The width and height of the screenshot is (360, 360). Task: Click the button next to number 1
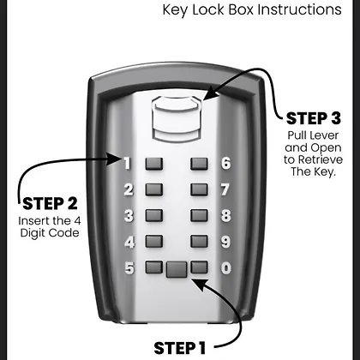click(x=154, y=164)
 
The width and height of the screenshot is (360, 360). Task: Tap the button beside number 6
click(x=199, y=164)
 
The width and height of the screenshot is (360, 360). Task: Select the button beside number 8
click(x=199, y=216)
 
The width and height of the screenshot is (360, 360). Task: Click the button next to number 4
click(x=154, y=242)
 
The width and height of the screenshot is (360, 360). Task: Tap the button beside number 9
click(x=199, y=242)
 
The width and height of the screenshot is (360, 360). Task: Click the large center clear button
click(x=177, y=270)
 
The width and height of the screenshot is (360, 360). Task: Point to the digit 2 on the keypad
click(x=129, y=189)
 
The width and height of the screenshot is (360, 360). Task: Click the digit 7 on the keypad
click(x=225, y=189)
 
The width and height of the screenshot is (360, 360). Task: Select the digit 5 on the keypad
click(x=129, y=268)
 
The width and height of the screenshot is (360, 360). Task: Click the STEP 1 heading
click(x=180, y=348)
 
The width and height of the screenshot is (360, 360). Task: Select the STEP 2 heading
click(x=50, y=204)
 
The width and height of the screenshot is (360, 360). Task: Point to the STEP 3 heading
click(x=314, y=118)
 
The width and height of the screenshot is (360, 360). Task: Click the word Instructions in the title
click(x=299, y=9)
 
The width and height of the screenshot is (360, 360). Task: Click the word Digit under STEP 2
click(x=33, y=233)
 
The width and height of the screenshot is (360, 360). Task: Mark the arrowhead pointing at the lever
click(x=210, y=93)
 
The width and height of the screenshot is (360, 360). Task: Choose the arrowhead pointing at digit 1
click(x=114, y=159)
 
